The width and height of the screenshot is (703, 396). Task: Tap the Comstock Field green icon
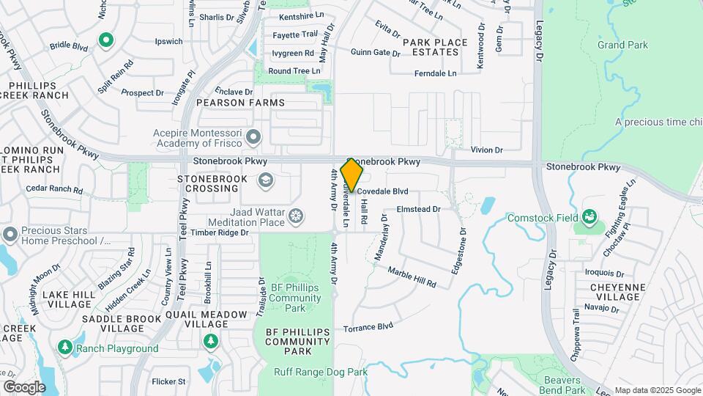click(589, 217)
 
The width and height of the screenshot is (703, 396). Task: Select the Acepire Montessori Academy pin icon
click(254, 137)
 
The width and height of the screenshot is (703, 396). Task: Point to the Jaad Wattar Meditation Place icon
click(296, 216)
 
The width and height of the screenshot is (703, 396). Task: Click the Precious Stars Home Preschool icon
click(10, 235)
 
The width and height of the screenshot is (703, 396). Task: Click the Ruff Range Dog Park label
click(321, 372)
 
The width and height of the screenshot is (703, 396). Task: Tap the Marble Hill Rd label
click(412, 276)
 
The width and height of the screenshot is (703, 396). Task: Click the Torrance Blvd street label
click(368, 326)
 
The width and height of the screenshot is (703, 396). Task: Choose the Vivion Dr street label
click(486, 150)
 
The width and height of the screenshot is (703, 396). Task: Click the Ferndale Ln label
click(435, 73)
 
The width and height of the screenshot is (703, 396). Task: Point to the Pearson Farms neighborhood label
click(230, 103)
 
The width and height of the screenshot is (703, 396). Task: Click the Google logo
click(24, 386)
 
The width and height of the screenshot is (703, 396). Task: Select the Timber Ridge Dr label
click(220, 232)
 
